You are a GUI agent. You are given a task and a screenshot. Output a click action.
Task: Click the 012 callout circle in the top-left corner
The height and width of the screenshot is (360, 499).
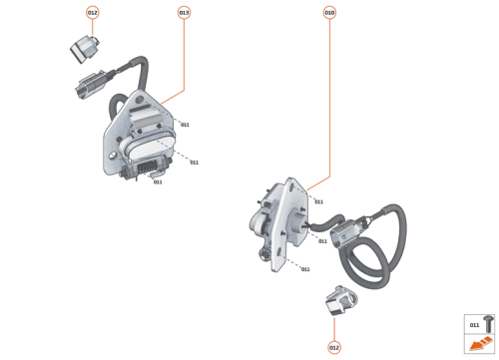tap(92, 12)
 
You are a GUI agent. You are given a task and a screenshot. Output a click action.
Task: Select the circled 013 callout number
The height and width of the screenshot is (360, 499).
tap(184, 12)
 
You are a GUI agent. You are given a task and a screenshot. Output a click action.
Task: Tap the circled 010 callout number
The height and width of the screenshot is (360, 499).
tap(329, 12)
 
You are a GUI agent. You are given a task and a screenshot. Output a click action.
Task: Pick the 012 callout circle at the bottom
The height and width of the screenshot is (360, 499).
tap(334, 347)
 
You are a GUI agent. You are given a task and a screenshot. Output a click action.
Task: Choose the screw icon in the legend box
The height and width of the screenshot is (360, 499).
tap(489, 324)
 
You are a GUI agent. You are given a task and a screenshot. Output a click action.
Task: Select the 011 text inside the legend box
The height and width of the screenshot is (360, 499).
tap(474, 325)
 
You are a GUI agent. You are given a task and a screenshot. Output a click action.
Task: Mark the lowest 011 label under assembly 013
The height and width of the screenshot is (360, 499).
tap(157, 182)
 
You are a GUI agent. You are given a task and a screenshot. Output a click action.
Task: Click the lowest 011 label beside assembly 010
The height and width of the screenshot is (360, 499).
tap(304, 269)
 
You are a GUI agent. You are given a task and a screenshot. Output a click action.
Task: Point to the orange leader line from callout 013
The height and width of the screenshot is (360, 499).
tap(184, 60)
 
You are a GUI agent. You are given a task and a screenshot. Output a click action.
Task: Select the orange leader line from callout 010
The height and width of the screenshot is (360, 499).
tap(329, 100)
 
